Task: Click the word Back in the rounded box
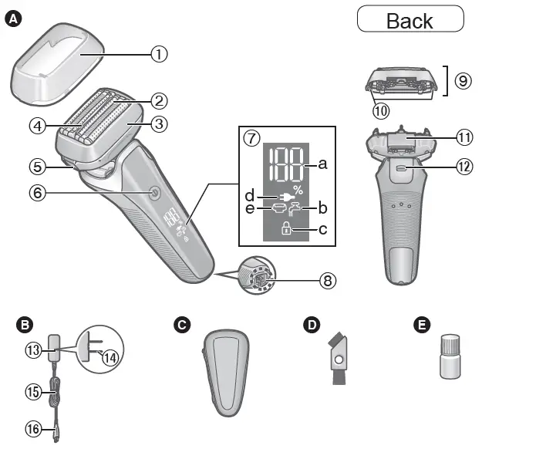point(410,20)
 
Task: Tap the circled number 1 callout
point(158,54)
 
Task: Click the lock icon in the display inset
point(286,228)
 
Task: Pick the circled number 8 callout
point(329,280)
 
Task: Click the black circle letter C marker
point(182,326)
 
